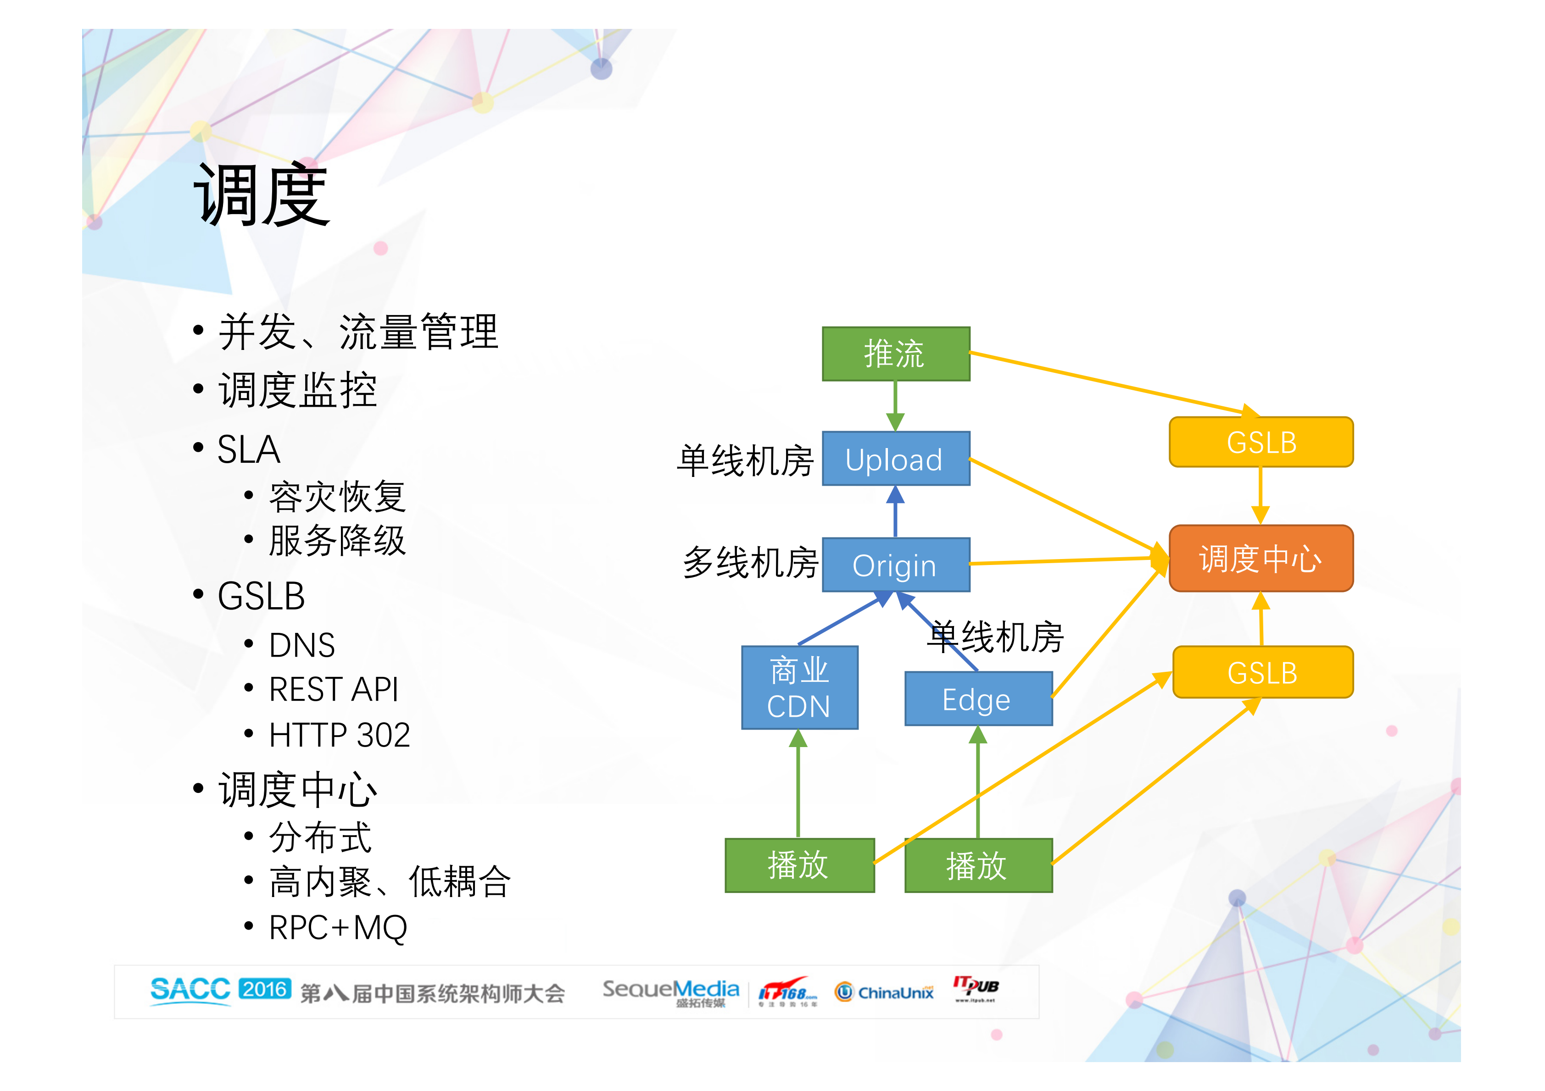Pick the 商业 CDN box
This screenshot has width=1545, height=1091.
click(x=799, y=687)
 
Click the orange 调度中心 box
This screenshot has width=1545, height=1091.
click(x=1261, y=558)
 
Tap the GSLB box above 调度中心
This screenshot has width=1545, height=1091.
click(x=1261, y=442)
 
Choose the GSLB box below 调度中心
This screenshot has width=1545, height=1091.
click(x=1262, y=672)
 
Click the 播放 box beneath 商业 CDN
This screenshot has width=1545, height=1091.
click(x=799, y=865)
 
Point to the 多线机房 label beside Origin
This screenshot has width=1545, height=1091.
click(x=750, y=562)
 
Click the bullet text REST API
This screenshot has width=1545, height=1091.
click(x=333, y=689)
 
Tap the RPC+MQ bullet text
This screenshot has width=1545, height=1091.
click(x=338, y=928)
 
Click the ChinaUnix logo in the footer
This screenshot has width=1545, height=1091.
click(x=884, y=992)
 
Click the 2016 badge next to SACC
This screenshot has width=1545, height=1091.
click(x=264, y=989)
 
